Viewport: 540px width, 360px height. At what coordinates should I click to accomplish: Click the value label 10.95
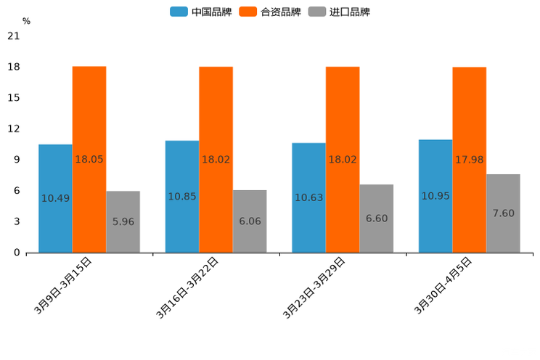(x=435, y=196)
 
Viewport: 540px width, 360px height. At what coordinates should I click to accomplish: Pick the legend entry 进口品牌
(x=340, y=12)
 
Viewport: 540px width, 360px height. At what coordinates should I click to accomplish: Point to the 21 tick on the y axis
(x=13, y=36)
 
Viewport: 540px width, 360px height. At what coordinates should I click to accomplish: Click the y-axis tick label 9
(x=16, y=160)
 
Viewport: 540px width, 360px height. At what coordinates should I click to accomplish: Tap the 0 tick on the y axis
(x=16, y=253)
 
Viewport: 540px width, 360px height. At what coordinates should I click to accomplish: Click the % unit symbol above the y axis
(x=26, y=21)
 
